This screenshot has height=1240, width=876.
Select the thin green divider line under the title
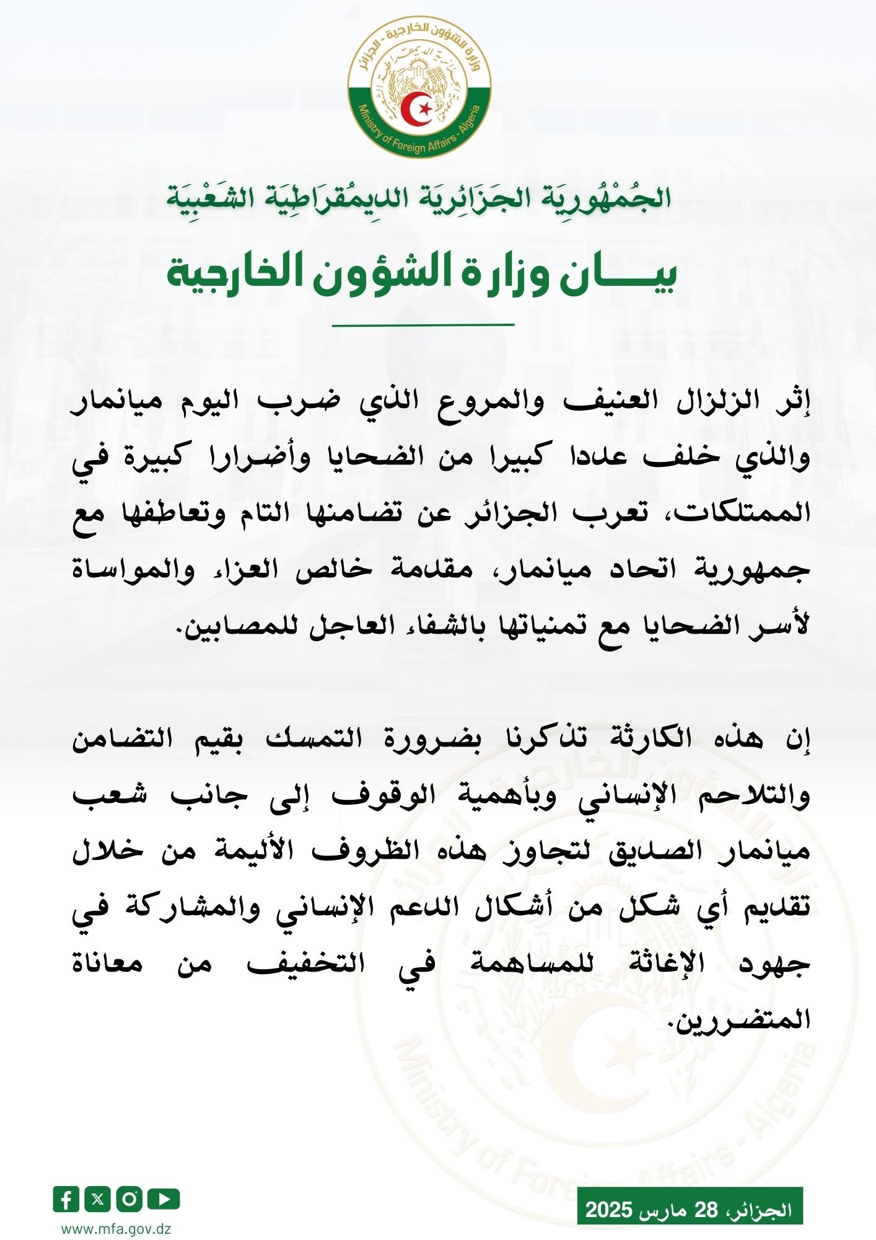click(x=423, y=324)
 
